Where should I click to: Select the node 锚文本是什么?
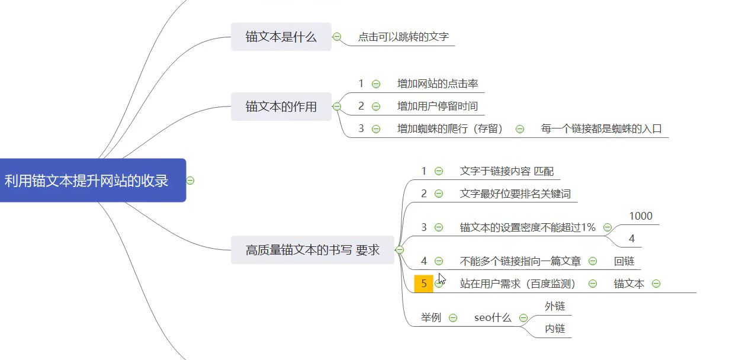coord(281,37)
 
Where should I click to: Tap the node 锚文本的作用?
coord(281,107)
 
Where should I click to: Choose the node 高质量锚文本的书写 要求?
coord(312,250)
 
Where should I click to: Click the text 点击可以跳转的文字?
coord(403,37)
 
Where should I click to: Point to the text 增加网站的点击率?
coord(437,83)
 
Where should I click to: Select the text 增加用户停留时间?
coord(437,107)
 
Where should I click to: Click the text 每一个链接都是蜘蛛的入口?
coord(601,128)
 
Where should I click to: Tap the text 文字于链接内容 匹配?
coord(507,171)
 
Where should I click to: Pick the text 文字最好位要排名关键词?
coord(515,194)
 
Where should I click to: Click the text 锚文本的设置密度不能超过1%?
coord(528,227)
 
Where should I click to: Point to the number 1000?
coord(641,216)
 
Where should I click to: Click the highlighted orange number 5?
coord(423,284)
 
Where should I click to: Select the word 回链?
coord(624,261)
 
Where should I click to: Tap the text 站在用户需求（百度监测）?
coord(518,284)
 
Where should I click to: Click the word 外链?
coord(555,306)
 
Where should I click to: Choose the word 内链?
coord(555,329)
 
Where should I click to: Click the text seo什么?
coord(492,318)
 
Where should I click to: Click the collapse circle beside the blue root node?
coord(190,181)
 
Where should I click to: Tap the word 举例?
coord(431,318)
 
